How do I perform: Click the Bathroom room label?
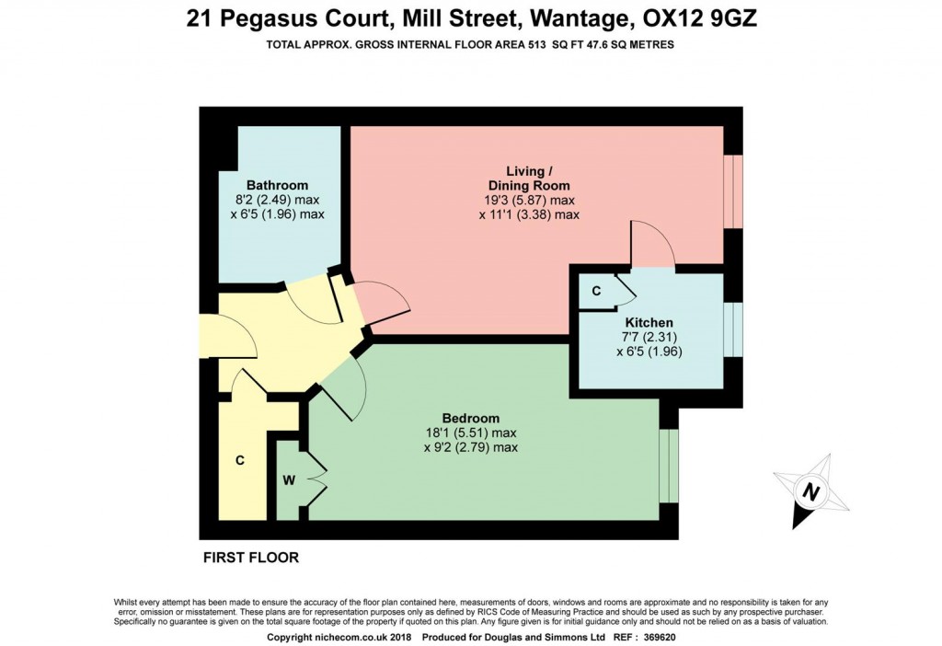pos(277,185)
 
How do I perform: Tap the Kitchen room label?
pos(649,323)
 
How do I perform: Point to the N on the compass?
pos(810,492)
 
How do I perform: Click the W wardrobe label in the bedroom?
pos(288,480)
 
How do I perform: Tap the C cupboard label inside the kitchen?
pos(597,292)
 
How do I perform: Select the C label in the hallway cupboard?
pos(239,460)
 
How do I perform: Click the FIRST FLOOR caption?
pos(250,558)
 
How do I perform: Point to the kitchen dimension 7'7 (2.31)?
pos(649,338)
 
